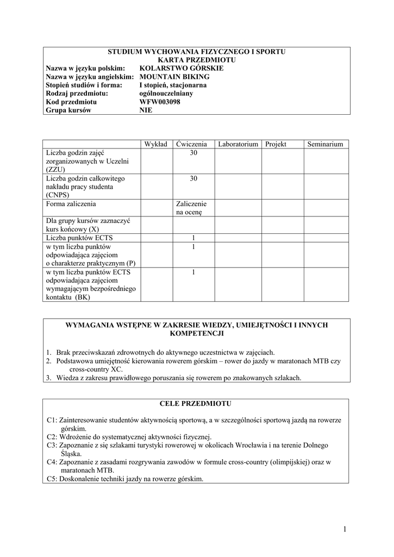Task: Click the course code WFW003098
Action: tap(160, 102)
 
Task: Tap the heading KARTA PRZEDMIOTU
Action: tap(196, 60)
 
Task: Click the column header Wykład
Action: tap(156, 144)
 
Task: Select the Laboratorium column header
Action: tap(237, 144)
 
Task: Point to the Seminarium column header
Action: tap(325, 144)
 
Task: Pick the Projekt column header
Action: tap(276, 144)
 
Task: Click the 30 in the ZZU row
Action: tap(193, 153)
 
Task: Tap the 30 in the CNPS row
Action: tap(193, 178)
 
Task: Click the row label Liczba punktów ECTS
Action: tap(80, 238)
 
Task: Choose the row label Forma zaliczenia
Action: tap(71, 204)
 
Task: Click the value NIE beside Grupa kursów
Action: tap(146, 110)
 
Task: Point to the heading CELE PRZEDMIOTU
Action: tap(196, 404)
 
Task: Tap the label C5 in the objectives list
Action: tap(52, 479)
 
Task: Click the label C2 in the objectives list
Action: tap(52, 437)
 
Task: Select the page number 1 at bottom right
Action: tap(345, 529)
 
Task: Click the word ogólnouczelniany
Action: tap(166, 93)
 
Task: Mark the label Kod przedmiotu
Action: tap(71, 102)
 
